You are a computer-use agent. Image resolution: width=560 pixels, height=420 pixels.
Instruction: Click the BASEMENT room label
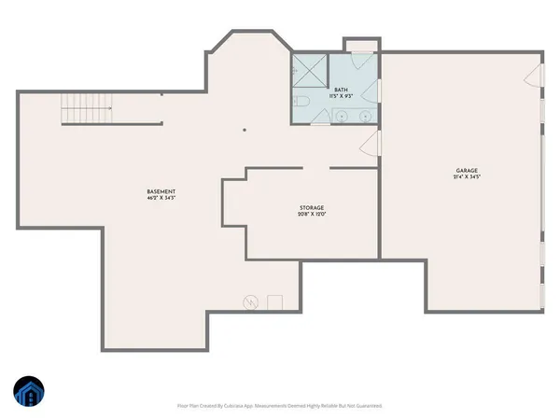[161, 191]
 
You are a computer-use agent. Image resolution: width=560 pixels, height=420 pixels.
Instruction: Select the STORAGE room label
[312, 207]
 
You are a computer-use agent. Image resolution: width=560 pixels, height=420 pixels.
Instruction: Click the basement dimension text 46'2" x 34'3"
[161, 199]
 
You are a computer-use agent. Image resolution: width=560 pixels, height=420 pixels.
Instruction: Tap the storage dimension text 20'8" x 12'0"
[312, 215]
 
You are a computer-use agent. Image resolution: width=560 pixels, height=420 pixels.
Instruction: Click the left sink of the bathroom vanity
[343, 116]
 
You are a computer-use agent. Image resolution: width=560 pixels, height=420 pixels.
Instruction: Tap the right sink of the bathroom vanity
[366, 116]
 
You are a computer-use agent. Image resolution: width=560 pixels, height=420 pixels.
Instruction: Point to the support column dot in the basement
[245, 131]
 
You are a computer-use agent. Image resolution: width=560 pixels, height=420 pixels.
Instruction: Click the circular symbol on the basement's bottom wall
[250, 301]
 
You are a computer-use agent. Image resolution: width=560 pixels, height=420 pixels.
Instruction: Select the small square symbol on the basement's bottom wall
[274, 301]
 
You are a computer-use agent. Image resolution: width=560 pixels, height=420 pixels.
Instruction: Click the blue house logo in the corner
[28, 393]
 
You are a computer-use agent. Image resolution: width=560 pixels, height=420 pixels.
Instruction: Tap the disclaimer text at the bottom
[280, 406]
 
